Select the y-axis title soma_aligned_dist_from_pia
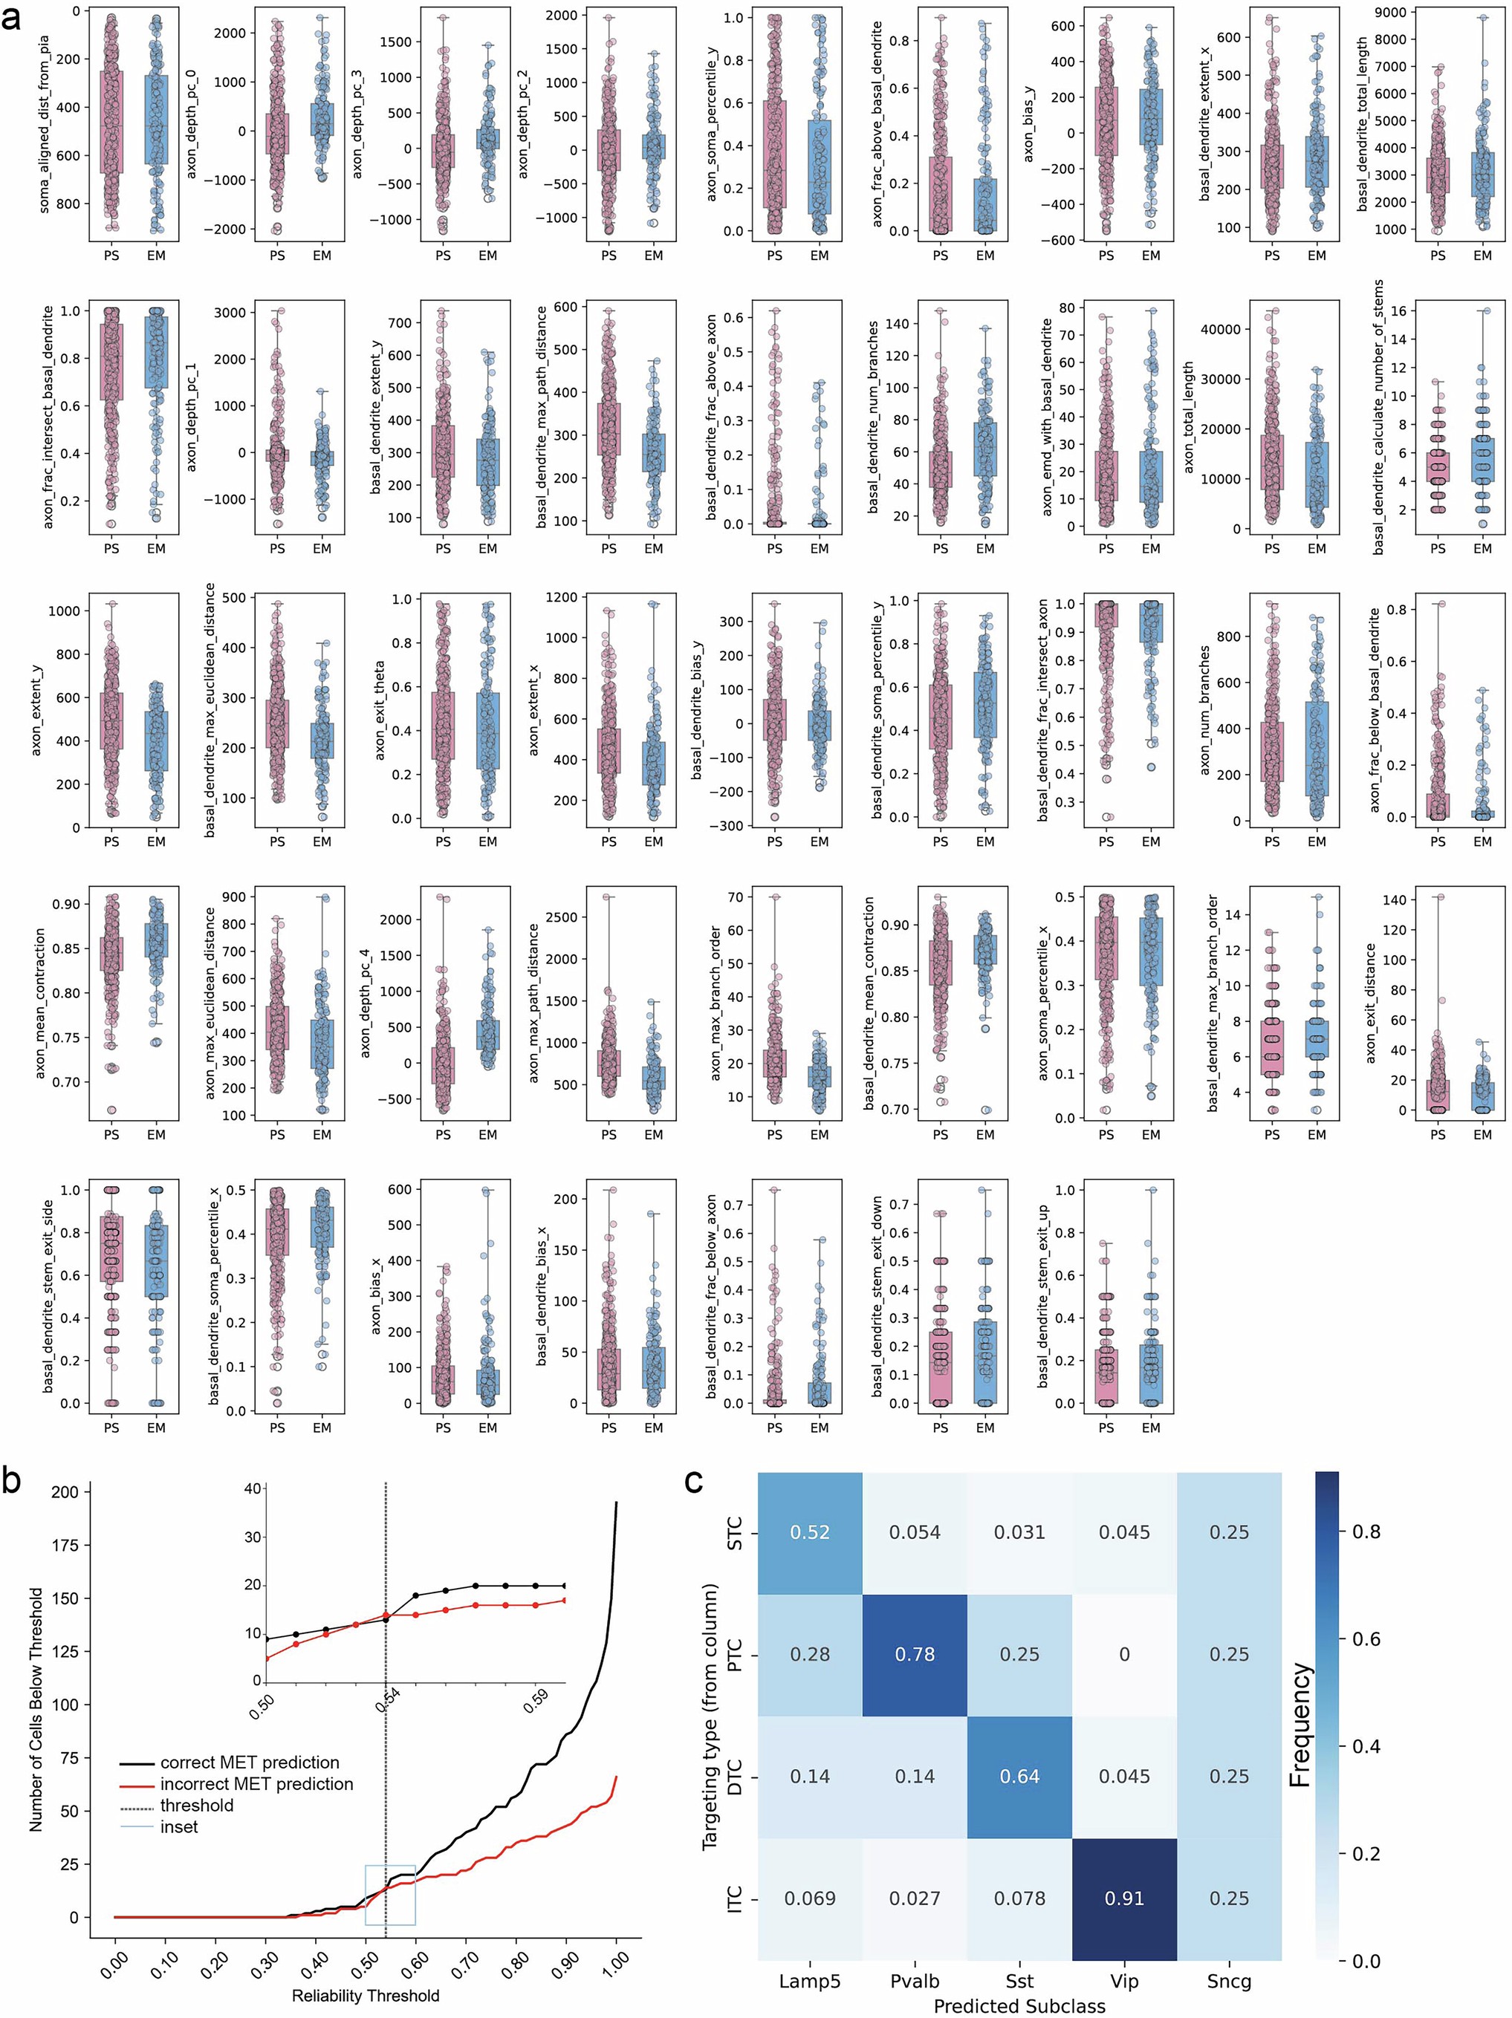45,125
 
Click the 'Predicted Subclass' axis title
1019,2005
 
